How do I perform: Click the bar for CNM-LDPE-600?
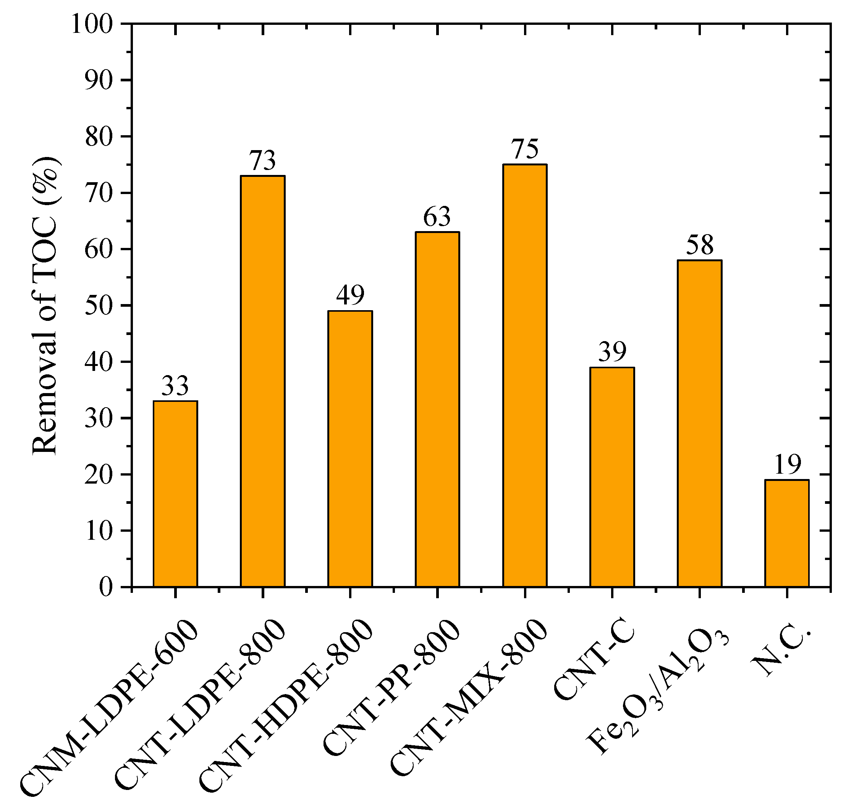point(175,494)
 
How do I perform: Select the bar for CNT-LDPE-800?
point(262,381)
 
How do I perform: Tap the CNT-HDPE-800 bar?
point(350,448)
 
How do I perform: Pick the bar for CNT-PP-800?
point(437,409)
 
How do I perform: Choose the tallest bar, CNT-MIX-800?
point(525,375)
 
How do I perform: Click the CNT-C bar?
point(612,477)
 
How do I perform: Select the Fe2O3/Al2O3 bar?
point(699,423)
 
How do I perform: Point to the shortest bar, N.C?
point(787,533)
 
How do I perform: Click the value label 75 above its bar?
point(525,149)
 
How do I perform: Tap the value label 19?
point(787,465)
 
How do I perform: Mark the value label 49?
point(350,295)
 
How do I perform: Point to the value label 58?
point(699,245)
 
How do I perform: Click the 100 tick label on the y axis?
point(92,24)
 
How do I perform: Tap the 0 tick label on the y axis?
point(106,587)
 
